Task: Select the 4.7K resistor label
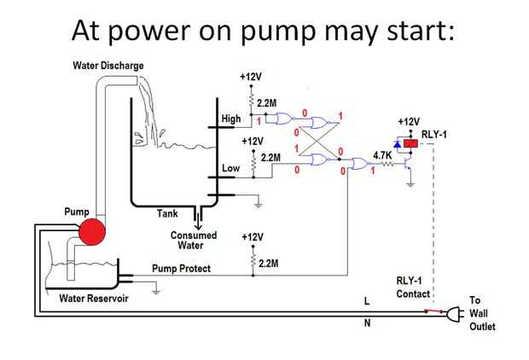click(x=382, y=155)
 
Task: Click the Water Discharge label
click(x=108, y=66)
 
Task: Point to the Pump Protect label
click(x=182, y=268)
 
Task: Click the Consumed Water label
click(x=194, y=241)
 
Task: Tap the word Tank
click(x=167, y=213)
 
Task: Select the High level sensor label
click(x=231, y=119)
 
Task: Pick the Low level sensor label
click(x=231, y=168)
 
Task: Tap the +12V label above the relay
click(x=410, y=122)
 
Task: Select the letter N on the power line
click(x=368, y=323)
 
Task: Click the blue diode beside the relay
click(x=396, y=145)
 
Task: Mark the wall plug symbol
click(x=452, y=312)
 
